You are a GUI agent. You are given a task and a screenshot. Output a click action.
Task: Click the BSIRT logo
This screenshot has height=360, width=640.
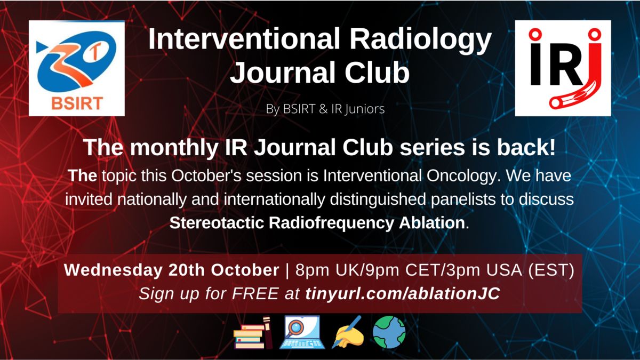[77, 68]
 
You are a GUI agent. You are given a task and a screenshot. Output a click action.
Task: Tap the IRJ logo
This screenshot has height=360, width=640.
[563, 68]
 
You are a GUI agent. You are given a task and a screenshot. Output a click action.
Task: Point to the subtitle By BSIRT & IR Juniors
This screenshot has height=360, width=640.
[325, 109]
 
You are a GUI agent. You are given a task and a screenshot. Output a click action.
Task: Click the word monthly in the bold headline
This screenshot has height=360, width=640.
[174, 148]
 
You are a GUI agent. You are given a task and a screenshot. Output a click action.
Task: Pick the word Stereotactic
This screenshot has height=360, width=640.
[217, 223]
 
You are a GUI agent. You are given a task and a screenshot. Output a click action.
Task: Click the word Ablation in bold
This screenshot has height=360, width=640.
[431, 223]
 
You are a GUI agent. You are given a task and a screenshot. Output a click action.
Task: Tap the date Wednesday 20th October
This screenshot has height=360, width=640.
[171, 270]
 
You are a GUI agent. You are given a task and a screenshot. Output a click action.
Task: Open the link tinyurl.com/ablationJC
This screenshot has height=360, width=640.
[403, 293]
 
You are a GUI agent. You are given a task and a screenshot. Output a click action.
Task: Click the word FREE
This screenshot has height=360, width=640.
[255, 293]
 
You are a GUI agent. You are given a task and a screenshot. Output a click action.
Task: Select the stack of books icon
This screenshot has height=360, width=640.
[253, 332]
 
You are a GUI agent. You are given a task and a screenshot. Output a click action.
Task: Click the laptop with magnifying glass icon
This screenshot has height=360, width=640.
[302, 332]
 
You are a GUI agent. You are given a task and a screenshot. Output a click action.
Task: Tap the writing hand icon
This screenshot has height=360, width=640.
[347, 332]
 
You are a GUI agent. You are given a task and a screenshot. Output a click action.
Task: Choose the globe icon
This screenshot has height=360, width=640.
[389, 332]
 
